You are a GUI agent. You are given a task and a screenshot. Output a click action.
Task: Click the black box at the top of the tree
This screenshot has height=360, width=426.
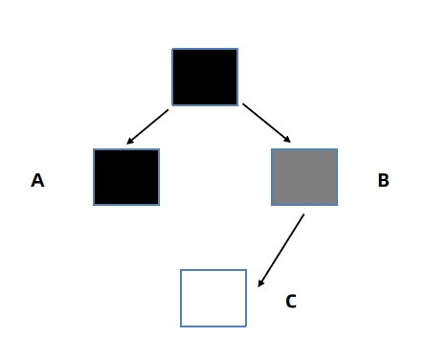click(205, 77)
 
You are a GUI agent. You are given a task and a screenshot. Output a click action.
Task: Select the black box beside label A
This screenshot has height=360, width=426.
click(126, 177)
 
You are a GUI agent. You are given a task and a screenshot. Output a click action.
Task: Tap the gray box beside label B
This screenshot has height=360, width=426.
click(304, 177)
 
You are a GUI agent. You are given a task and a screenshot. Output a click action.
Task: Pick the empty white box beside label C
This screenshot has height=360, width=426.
click(213, 298)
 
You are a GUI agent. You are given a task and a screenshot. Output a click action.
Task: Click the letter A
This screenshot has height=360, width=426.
click(37, 180)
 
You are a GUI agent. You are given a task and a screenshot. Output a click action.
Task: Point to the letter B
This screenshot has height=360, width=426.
click(383, 180)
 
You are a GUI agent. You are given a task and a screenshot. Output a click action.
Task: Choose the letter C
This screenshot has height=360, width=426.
click(291, 301)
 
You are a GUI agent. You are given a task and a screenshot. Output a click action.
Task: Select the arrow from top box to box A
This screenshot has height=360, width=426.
click(147, 126)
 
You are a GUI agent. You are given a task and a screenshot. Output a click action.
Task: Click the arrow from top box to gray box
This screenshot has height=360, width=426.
click(267, 123)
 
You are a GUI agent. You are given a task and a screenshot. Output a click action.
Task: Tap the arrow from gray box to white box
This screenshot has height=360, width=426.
click(281, 251)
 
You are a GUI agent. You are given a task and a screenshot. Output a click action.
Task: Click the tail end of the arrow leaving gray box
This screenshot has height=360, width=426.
click(303, 214)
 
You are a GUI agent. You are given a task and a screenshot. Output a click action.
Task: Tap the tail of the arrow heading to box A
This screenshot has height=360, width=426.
click(168, 110)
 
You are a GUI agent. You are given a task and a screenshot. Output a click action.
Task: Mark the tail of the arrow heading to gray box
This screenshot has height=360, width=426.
click(243, 103)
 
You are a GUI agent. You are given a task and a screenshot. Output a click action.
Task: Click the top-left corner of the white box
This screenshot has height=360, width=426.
click(181, 270)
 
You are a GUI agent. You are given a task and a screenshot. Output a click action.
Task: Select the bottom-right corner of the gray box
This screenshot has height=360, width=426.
click(338, 205)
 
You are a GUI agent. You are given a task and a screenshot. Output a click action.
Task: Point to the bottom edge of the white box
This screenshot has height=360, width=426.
click(213, 326)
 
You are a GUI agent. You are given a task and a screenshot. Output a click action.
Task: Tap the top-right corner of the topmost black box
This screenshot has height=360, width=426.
click(238, 49)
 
